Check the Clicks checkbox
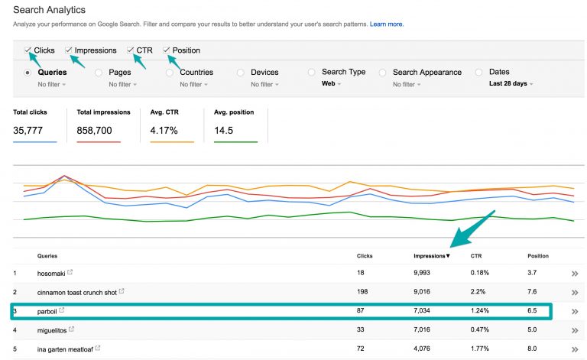tap(28, 50)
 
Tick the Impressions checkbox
tap(69, 50)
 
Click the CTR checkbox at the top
tap(131, 50)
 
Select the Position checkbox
tap(167, 50)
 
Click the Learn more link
tap(387, 24)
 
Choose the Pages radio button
tap(99, 73)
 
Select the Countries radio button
tap(170, 73)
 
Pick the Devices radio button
tap(241, 73)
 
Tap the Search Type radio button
tap(312, 73)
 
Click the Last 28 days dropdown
tap(511, 84)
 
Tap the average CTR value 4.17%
tap(166, 130)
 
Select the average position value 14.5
tap(225, 130)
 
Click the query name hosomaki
tap(51, 273)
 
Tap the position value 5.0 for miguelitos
tap(533, 330)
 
